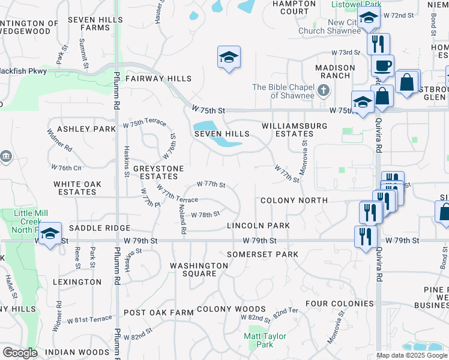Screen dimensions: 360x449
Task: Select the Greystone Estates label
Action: tap(158, 173)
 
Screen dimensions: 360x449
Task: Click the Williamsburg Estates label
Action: tap(294, 130)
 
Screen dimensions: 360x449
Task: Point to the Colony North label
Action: tap(294, 200)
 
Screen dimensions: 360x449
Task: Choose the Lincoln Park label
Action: tap(258, 226)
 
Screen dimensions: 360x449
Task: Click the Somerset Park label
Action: tap(262, 254)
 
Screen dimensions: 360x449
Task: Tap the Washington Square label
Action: tap(193, 269)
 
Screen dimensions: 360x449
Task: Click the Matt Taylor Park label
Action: tap(265, 340)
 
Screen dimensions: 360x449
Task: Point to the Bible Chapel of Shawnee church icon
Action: tap(324, 91)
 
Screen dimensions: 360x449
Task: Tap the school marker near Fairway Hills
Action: tap(229, 58)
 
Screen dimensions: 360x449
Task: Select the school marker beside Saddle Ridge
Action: tap(50, 233)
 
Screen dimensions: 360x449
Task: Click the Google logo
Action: tap(20, 353)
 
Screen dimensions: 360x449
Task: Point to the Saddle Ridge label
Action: tap(100, 228)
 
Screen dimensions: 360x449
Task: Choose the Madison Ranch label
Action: tap(336, 71)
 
